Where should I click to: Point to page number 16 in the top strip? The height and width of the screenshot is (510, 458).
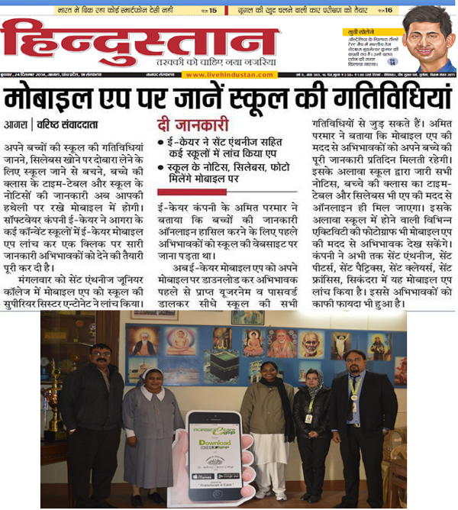tap(387, 10)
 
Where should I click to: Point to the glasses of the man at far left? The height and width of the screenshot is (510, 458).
tap(100, 355)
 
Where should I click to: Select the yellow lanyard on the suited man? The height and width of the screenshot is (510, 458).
tap(355, 392)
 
